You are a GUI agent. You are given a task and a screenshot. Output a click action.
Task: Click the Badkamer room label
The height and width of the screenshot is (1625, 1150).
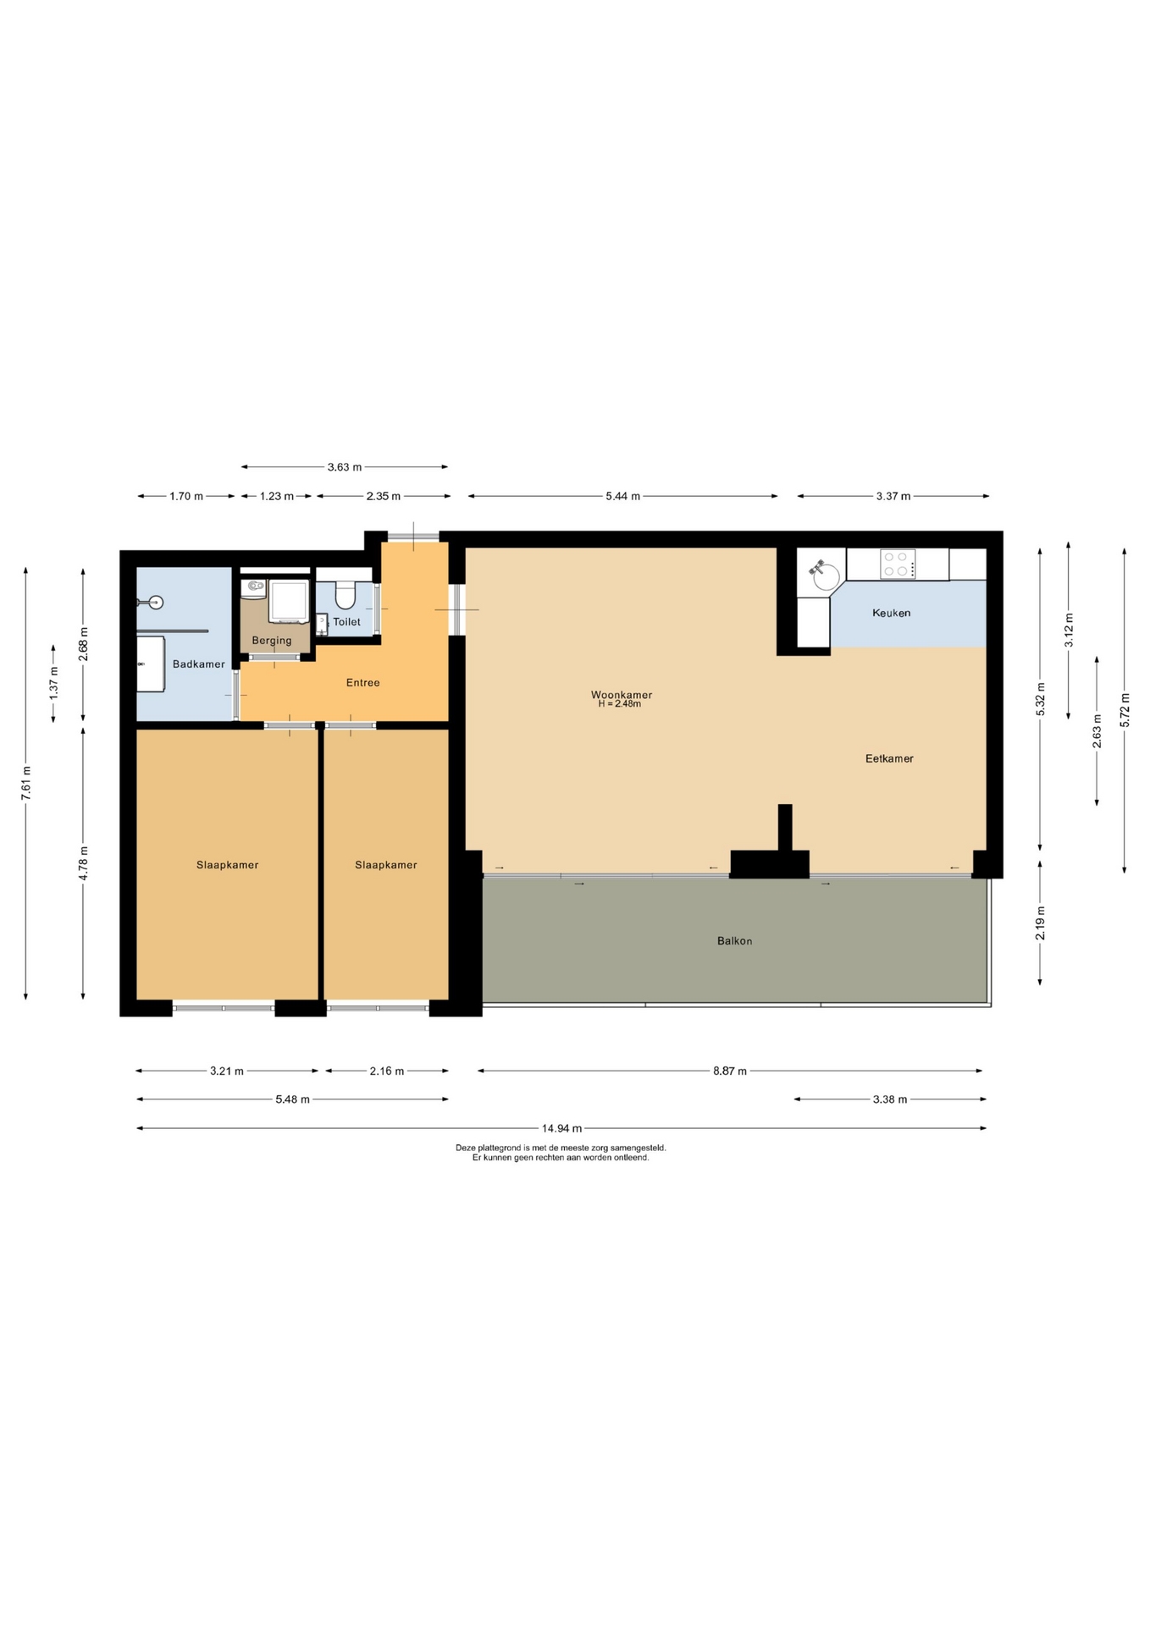click(199, 664)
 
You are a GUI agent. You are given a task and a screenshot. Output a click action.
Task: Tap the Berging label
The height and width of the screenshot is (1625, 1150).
click(272, 641)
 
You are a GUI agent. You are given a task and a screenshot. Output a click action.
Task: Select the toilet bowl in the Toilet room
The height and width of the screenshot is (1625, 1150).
click(345, 595)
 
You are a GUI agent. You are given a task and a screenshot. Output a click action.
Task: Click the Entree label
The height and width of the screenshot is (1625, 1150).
click(363, 683)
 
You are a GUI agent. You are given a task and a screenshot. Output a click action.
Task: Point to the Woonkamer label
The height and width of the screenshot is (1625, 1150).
click(622, 695)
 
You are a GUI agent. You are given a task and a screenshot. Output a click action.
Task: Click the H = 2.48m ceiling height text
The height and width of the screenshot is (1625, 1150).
click(620, 704)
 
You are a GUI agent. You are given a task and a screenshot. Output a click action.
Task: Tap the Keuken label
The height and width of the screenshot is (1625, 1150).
click(892, 613)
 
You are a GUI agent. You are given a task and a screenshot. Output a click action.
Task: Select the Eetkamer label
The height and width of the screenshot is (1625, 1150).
click(889, 758)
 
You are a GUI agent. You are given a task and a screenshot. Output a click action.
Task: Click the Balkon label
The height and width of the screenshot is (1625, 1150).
click(734, 941)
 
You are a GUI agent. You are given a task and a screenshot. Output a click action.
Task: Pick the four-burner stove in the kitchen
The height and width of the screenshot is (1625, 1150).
click(898, 564)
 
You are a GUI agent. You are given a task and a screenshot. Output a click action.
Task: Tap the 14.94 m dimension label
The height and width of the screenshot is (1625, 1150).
click(561, 1128)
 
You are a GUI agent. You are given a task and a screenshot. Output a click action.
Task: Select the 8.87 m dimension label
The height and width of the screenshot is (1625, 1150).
click(730, 1071)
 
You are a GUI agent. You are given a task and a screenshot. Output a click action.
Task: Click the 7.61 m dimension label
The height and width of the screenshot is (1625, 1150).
click(26, 784)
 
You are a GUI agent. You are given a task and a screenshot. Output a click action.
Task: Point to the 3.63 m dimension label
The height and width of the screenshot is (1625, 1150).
click(345, 467)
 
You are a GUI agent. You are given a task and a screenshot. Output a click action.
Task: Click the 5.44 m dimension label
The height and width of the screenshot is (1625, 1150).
click(622, 496)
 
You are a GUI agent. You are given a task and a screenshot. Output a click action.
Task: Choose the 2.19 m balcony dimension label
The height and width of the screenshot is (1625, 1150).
click(1041, 923)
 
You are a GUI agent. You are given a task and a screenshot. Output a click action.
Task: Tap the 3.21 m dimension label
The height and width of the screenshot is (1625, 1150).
click(227, 1071)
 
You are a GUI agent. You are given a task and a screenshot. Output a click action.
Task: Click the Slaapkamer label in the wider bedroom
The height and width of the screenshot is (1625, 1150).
click(227, 865)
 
